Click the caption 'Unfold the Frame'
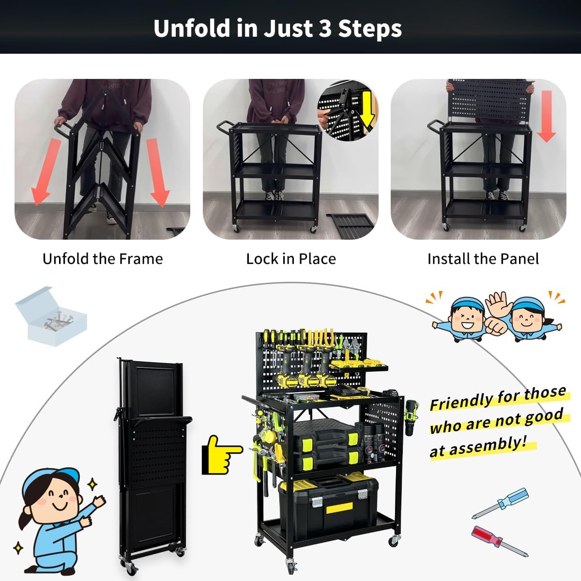click(103, 259)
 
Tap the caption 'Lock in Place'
click(290, 259)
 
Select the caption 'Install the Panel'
click(483, 259)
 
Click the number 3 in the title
click(325, 29)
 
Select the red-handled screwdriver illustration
click(499, 541)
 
